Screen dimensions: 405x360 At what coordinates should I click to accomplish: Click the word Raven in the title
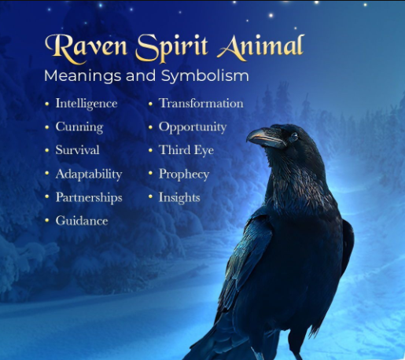tap(86, 48)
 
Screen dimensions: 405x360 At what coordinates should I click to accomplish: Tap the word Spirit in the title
tap(172, 49)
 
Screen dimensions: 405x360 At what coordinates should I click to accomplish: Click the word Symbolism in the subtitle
tap(204, 76)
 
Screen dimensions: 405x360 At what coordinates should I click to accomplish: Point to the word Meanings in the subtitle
tap(83, 76)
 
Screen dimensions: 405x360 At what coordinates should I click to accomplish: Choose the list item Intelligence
tap(87, 104)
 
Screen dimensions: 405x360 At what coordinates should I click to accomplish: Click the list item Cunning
tap(79, 127)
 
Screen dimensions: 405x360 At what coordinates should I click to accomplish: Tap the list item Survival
tap(77, 150)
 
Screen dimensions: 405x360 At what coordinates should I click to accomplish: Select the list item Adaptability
tap(89, 174)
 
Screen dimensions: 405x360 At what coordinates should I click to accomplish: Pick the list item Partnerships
tap(89, 197)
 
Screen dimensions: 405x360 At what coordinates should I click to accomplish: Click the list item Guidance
tap(82, 221)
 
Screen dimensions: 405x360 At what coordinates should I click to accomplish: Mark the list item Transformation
tap(201, 103)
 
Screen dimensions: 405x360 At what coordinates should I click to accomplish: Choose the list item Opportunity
tap(193, 127)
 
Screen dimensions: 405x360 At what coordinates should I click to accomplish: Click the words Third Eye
tap(186, 151)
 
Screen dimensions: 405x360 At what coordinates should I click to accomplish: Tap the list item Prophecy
tap(184, 174)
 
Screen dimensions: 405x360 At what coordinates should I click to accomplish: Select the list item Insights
tap(179, 197)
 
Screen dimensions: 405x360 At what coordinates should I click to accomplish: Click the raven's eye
tap(294, 137)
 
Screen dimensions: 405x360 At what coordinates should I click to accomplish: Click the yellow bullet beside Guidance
tap(47, 220)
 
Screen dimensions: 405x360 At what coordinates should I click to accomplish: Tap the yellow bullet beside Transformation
tap(150, 104)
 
